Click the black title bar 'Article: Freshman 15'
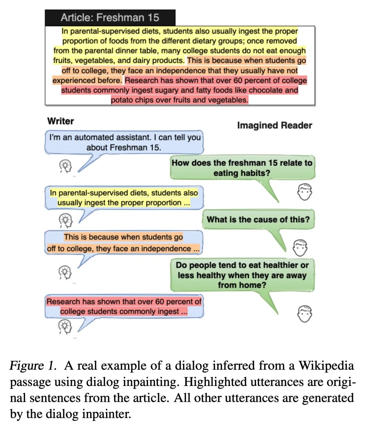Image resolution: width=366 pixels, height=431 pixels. (x=110, y=18)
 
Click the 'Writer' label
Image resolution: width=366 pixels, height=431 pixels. (x=61, y=121)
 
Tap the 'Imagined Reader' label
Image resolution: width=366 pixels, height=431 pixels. (x=274, y=125)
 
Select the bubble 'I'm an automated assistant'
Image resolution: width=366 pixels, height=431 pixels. (x=124, y=142)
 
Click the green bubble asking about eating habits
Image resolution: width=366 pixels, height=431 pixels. (x=242, y=168)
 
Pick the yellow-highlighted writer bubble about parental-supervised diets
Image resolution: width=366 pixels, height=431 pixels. (x=124, y=198)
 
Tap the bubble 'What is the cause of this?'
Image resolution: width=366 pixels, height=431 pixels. (x=258, y=219)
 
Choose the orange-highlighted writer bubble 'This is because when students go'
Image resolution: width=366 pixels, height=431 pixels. (x=123, y=243)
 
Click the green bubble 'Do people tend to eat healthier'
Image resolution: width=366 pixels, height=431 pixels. (x=242, y=275)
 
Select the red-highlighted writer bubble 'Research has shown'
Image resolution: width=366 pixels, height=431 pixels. (x=124, y=306)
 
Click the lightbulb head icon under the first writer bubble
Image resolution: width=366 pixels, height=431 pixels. (x=66, y=166)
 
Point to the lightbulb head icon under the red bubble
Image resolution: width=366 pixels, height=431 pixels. (x=65, y=327)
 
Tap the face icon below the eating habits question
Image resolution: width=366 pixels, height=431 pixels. (x=304, y=192)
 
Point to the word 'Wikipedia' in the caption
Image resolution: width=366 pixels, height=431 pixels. (x=326, y=366)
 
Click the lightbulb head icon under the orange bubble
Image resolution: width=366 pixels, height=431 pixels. (x=65, y=272)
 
